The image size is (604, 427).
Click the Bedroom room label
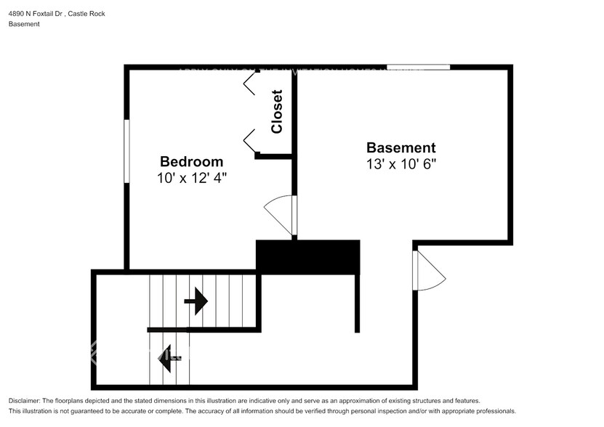[191, 161]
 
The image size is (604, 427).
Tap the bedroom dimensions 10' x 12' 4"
[191, 177]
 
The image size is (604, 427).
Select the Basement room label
[400, 147]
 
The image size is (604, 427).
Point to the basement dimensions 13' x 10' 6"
[400, 164]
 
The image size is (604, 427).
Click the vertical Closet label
[276, 112]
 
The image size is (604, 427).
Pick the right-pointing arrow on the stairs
[196, 301]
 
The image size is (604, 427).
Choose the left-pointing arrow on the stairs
[169, 357]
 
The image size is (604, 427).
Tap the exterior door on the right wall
[429, 269]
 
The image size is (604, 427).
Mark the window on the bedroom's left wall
[126, 151]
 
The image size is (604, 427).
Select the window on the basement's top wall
[418, 68]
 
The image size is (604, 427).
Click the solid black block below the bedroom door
[308, 257]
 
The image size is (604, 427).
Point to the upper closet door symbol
[249, 86]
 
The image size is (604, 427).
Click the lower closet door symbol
[249, 138]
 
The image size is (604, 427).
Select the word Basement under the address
[24, 24]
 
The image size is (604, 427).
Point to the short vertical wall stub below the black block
[357, 303]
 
